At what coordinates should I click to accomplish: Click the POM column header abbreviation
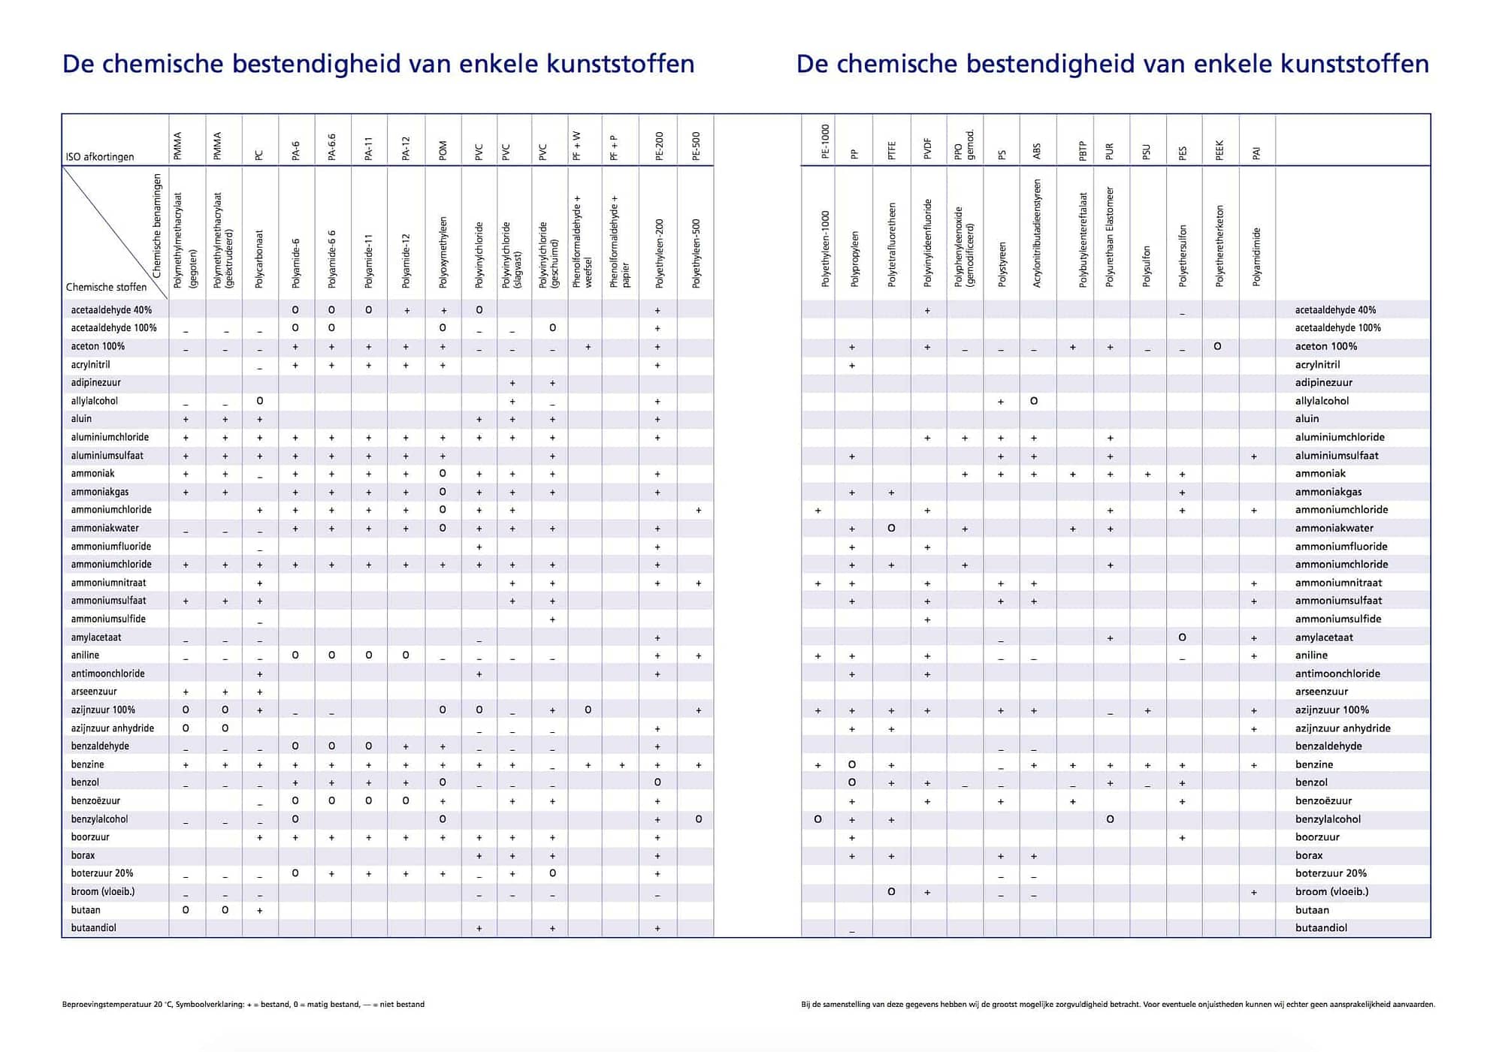click(443, 150)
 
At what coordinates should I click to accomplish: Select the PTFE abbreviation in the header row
click(892, 150)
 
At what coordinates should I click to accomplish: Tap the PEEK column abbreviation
click(1219, 150)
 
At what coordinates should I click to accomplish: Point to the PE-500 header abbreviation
click(696, 146)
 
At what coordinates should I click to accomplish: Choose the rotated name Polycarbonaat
click(259, 259)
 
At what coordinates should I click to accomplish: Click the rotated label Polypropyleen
click(854, 259)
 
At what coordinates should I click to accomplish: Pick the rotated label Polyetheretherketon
click(1219, 246)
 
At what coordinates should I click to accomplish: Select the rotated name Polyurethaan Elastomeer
click(1110, 237)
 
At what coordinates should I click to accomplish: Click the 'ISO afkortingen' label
click(100, 157)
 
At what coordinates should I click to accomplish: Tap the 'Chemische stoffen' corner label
click(106, 287)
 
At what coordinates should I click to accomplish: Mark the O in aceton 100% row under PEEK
click(1217, 346)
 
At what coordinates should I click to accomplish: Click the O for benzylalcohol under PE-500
click(699, 819)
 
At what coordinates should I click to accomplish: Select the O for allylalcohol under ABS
click(1034, 401)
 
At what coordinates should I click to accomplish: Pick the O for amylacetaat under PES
click(1182, 638)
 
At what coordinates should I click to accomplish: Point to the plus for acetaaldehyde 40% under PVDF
click(927, 310)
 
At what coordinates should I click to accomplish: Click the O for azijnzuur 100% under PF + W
click(588, 710)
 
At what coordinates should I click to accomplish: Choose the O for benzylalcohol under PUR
click(1110, 819)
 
